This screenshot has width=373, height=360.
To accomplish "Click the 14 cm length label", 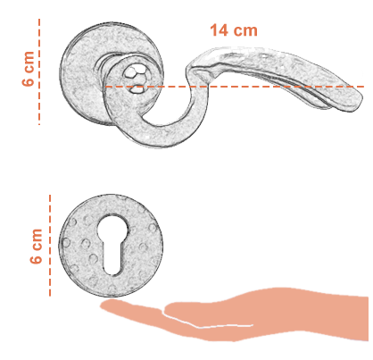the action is click(234, 30).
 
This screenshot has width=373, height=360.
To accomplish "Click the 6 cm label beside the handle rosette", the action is click(29, 69).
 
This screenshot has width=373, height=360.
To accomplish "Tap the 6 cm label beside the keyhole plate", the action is click(37, 246).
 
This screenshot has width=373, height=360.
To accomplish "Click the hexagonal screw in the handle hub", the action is click(133, 73).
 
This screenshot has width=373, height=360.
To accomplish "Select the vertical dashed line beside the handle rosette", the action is click(39, 71).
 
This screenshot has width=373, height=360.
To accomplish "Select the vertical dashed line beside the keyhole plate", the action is click(50, 246).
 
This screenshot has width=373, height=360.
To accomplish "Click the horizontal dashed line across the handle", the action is click(235, 87).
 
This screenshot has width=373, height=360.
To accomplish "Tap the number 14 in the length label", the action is click(220, 30).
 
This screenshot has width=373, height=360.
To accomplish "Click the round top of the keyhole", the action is click(112, 229).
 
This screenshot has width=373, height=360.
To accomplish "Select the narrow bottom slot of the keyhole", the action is click(112, 259).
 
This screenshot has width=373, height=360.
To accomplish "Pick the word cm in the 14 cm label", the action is click(245, 31).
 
